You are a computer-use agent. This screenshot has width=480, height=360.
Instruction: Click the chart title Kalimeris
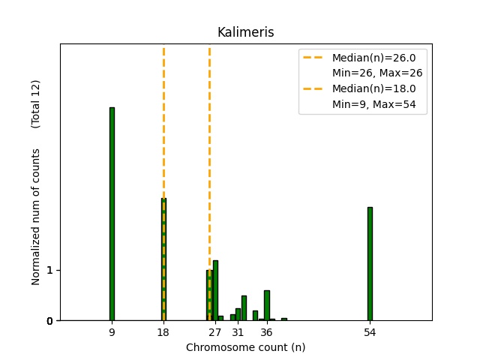pos(245,32)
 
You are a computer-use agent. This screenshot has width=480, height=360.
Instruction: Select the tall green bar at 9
pos(112,214)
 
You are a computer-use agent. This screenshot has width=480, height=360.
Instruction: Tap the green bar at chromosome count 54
pos(370,263)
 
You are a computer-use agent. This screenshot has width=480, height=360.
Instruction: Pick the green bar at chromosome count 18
pos(163,259)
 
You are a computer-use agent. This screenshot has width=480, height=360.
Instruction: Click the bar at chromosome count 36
pos(266,305)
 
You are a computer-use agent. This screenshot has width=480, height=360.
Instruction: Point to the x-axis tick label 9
pos(112,331)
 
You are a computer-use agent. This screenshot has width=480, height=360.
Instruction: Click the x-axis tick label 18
pos(163,331)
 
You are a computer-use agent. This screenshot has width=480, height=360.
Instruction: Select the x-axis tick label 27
pos(215,331)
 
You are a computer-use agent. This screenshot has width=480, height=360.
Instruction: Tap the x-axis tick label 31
pos(238,331)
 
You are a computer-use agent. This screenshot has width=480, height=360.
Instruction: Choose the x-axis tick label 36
pos(266,331)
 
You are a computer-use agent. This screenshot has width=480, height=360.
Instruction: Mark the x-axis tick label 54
pos(370,331)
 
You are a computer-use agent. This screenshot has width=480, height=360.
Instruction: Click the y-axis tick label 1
pos(49,270)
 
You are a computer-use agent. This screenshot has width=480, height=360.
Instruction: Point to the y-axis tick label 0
pos(49,321)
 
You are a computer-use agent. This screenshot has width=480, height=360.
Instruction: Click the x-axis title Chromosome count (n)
pos(245,347)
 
